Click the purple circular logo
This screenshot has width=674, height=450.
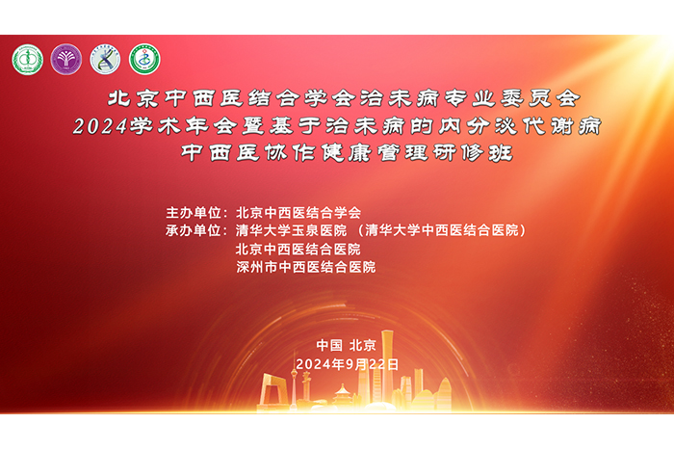66,60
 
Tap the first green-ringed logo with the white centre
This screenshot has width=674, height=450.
28,60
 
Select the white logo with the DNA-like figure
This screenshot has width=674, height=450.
105,60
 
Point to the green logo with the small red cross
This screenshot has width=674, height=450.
144,60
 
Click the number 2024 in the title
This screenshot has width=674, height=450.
100,126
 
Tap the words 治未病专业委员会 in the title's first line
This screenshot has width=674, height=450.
470,98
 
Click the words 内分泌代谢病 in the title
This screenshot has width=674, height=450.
519,126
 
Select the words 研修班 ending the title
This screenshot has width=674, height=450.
473,152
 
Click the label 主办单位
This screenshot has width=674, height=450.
194,213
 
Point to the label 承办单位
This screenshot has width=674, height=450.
194,230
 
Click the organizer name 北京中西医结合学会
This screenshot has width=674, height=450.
298,213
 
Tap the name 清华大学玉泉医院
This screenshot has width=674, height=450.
291,230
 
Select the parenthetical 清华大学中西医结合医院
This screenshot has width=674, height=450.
442,230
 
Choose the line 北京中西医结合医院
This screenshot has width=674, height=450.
298,250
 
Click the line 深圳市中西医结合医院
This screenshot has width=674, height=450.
305,267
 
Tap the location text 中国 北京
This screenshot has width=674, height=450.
346,345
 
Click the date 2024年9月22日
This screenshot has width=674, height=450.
347,364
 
